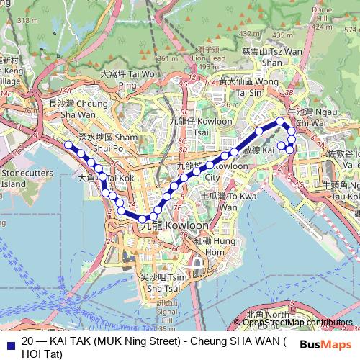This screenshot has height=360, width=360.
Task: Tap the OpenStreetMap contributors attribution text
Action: [297, 323]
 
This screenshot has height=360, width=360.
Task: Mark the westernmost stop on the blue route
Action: [69, 145]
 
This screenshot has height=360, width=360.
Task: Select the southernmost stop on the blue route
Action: [143, 219]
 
